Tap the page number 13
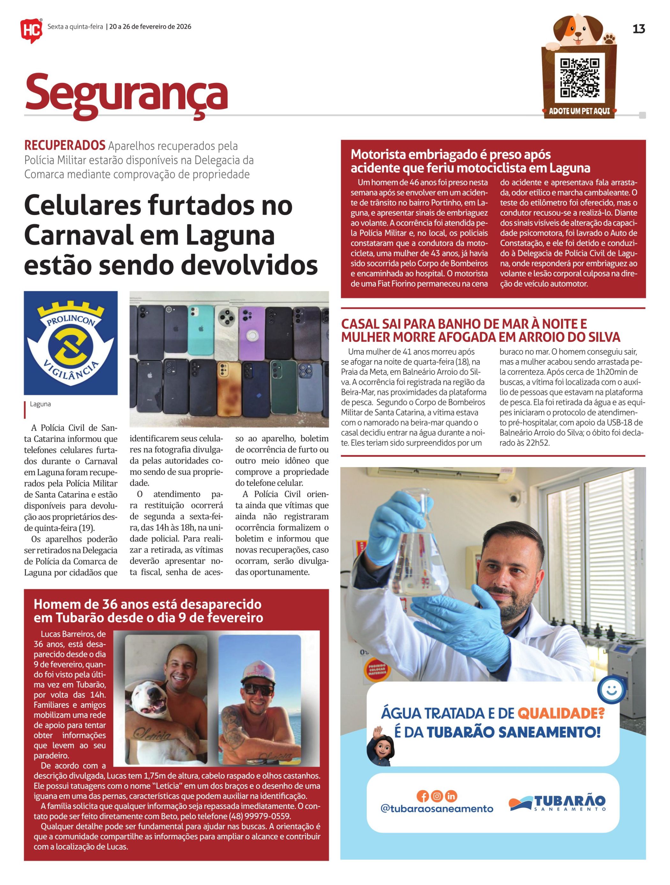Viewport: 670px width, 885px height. click(x=638, y=29)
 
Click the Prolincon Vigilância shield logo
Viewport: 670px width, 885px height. click(x=71, y=343)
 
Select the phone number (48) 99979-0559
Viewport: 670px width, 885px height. click(x=260, y=816)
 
